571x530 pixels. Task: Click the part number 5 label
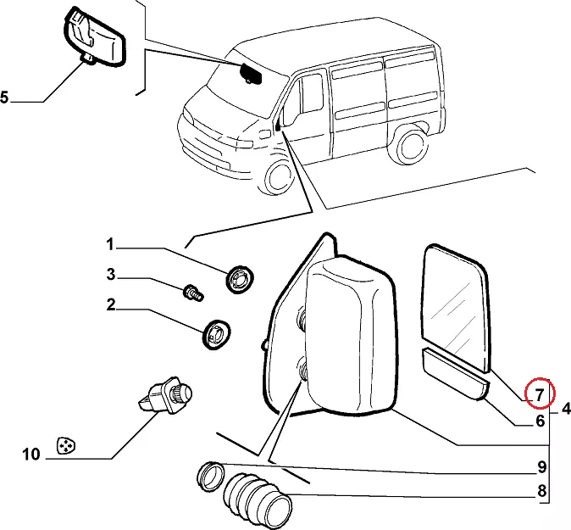(x=5, y=98)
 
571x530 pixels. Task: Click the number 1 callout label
(x=110, y=245)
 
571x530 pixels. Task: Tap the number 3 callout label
(x=110, y=275)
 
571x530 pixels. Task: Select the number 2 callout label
(x=110, y=305)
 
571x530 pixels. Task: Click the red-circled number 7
(x=539, y=393)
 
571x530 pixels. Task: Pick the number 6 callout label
(x=540, y=419)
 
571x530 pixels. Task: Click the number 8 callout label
(x=540, y=490)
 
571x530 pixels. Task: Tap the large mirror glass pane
(x=457, y=307)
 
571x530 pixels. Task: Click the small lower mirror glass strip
(x=454, y=376)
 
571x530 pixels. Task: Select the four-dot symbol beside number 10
(x=64, y=445)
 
